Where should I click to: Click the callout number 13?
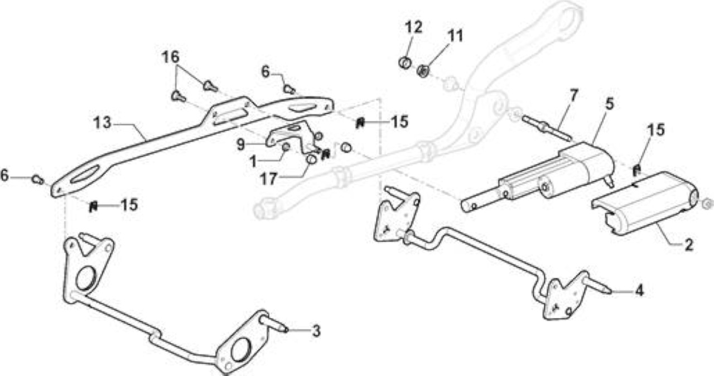pyautogui.click(x=102, y=123)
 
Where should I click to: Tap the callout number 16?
pyautogui.click(x=171, y=57)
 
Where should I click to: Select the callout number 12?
pyautogui.click(x=414, y=27)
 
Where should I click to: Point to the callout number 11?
pyautogui.click(x=455, y=36)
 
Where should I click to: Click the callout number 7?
pyautogui.click(x=574, y=95)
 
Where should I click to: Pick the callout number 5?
pyautogui.click(x=610, y=104)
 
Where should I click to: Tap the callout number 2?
pyautogui.click(x=689, y=245)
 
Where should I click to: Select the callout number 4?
pyautogui.click(x=639, y=290)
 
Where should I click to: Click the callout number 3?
pyautogui.click(x=316, y=331)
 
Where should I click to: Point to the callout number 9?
pyautogui.click(x=241, y=145)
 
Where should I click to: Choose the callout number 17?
pyautogui.click(x=268, y=179)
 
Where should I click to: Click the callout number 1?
pyautogui.click(x=253, y=162)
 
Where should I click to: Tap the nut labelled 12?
pyautogui.click(x=405, y=62)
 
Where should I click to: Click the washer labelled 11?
pyautogui.click(x=423, y=70)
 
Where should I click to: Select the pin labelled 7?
pyautogui.click(x=546, y=129)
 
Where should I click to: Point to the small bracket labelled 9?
pyautogui.click(x=288, y=136)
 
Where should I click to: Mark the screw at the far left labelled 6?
pyautogui.click(x=37, y=180)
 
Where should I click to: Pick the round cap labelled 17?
pyautogui.click(x=311, y=159)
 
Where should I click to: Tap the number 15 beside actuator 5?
pyautogui.click(x=655, y=129)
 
